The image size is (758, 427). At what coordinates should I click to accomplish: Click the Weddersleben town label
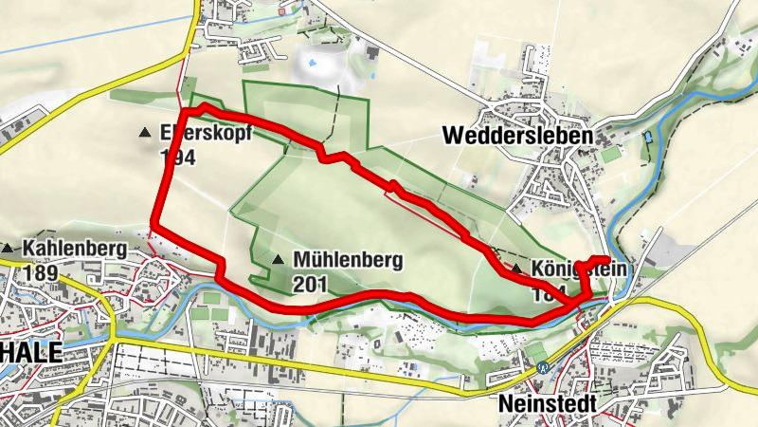517,136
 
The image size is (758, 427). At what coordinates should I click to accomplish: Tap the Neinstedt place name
547,404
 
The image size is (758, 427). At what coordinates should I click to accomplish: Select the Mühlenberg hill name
348,258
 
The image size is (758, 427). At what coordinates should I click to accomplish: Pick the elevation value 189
43,273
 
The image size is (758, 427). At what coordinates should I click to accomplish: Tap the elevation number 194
177,158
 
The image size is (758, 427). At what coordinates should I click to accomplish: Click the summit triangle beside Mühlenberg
278,259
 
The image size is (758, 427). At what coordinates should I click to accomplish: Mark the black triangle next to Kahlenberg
8,249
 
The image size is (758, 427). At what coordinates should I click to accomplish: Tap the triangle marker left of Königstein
516,269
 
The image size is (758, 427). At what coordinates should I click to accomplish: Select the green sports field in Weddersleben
610,152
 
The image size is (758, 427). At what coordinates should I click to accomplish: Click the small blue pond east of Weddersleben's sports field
648,138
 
